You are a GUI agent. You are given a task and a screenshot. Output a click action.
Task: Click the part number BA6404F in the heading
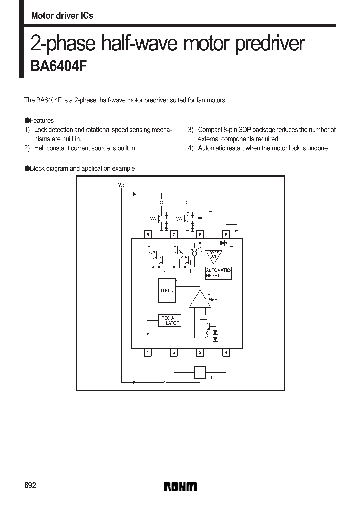(59, 66)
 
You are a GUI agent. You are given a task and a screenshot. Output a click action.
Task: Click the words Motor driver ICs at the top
(62, 16)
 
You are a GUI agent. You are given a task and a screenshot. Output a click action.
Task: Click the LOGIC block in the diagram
(167, 290)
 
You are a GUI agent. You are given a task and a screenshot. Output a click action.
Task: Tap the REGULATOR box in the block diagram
(170, 320)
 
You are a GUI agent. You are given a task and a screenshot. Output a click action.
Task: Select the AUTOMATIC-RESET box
(219, 273)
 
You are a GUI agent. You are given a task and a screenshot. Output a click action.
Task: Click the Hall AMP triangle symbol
(200, 300)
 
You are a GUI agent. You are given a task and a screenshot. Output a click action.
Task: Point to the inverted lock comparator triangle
(214, 255)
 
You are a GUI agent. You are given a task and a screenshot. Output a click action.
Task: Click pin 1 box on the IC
(147, 353)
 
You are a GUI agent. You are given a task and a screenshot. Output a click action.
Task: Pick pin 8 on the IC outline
(147, 234)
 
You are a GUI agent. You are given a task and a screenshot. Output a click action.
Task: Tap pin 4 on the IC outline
(226, 353)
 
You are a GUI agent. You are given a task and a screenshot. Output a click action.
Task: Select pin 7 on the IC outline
(173, 234)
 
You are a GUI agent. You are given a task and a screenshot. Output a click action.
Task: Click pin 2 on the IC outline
(173, 353)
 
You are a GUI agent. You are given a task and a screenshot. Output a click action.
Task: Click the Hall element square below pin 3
(200, 372)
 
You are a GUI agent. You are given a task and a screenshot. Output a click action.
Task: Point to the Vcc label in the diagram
(122, 185)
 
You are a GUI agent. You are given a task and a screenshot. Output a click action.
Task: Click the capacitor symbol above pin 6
(200, 218)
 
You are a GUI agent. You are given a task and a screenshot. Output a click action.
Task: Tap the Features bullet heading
(39, 120)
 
